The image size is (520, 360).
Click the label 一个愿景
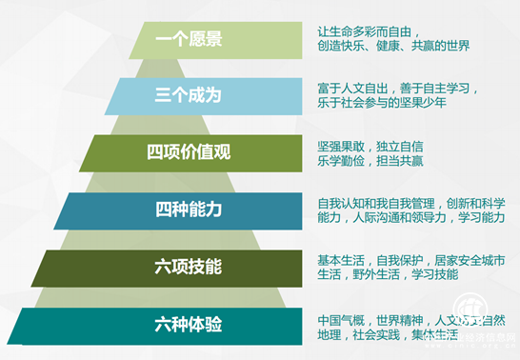[189, 39]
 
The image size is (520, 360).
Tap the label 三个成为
[189, 95]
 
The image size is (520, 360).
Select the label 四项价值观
[189, 152]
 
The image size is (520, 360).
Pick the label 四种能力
[189, 210]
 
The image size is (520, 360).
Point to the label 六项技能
[189, 267]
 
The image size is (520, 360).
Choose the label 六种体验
[189, 324]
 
